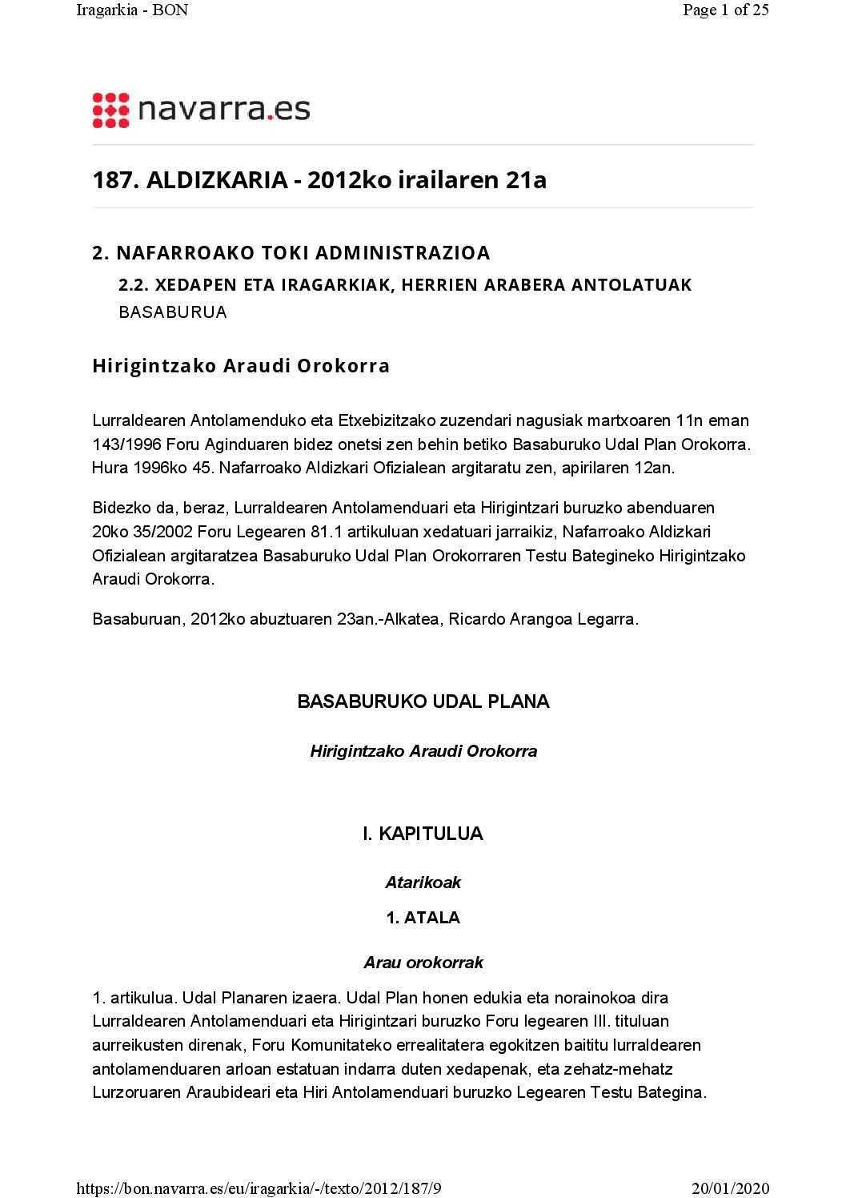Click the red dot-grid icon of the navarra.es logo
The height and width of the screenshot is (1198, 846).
pyautogui.click(x=110, y=111)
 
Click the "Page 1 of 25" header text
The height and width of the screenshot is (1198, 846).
pyautogui.click(x=725, y=10)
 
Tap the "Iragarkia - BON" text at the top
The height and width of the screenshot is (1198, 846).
pyautogui.click(x=132, y=10)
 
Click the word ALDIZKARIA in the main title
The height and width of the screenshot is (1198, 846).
pyautogui.click(x=217, y=180)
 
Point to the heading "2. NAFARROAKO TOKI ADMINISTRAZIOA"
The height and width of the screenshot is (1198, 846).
pyautogui.click(x=291, y=253)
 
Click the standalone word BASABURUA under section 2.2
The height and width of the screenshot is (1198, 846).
pyautogui.click(x=173, y=312)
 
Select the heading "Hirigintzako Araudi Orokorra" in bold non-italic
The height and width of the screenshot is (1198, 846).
pyautogui.click(x=241, y=366)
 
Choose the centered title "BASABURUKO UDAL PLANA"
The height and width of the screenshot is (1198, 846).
pyautogui.click(x=423, y=702)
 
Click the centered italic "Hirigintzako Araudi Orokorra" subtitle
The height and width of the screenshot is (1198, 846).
pyautogui.click(x=423, y=751)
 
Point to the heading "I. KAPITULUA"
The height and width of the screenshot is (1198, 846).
pyautogui.click(x=423, y=834)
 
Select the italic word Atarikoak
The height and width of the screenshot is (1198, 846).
pyautogui.click(x=423, y=882)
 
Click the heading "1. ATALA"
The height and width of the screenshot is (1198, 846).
pyautogui.click(x=423, y=918)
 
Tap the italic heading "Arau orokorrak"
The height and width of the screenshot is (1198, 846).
pyautogui.click(x=423, y=963)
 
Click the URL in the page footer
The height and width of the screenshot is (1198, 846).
pyautogui.click(x=259, y=1188)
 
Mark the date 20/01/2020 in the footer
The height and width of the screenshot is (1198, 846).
pyautogui.click(x=730, y=1188)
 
